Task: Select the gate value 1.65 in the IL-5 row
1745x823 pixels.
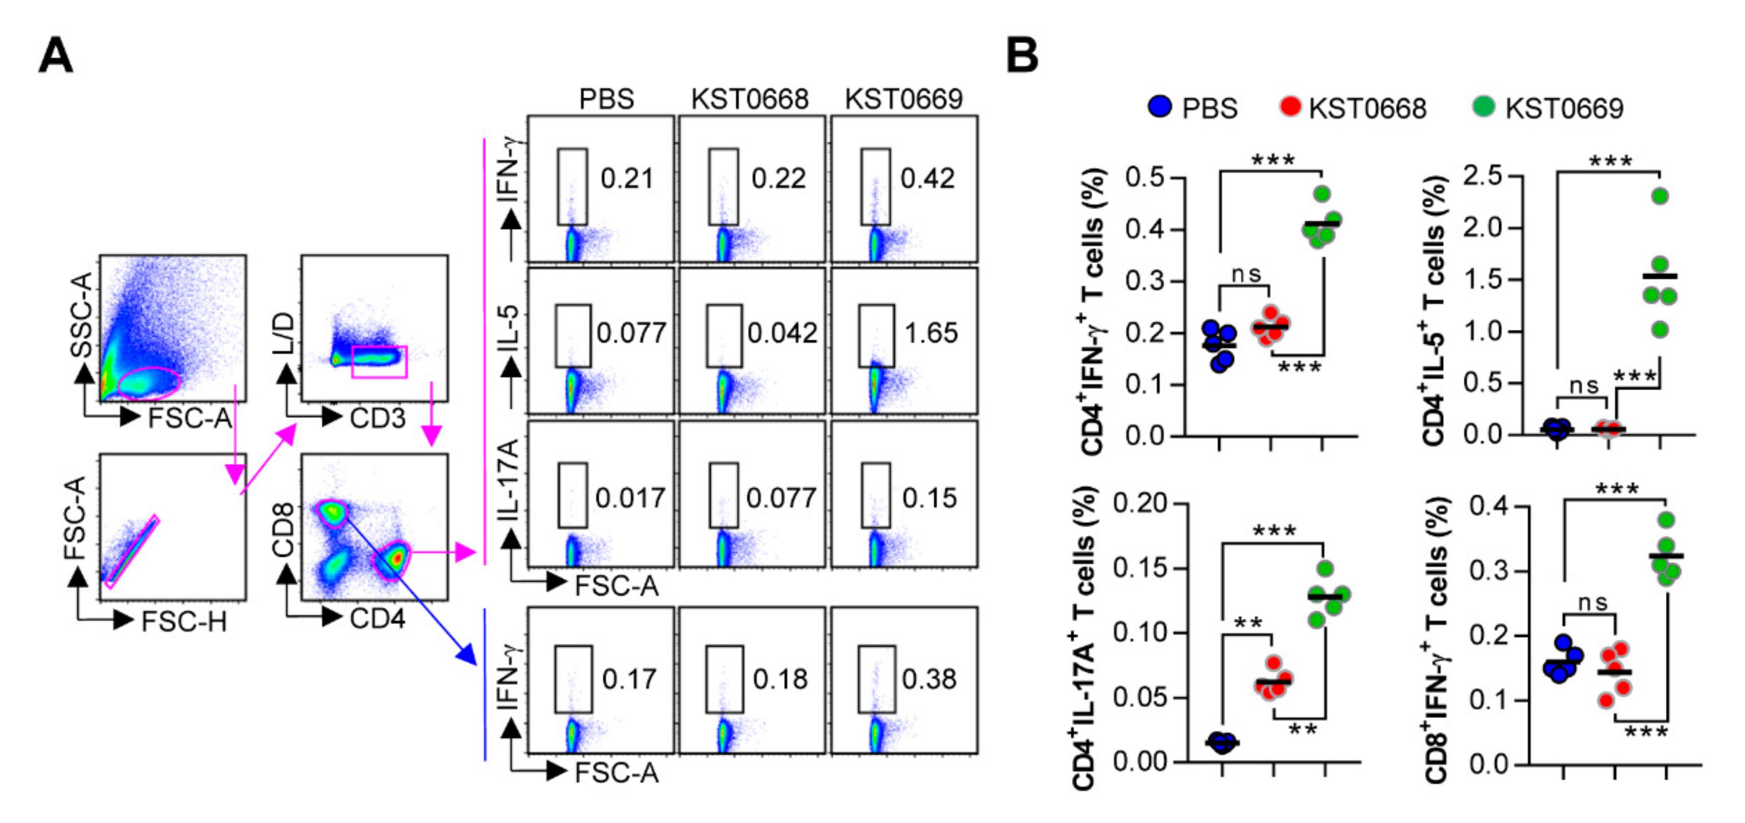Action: coord(931,332)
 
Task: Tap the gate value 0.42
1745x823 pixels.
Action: coord(927,178)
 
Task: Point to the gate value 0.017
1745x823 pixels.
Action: coord(629,498)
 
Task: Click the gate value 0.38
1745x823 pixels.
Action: coord(929,679)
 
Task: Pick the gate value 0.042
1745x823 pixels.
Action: coord(782,332)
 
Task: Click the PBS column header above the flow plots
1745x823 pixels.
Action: coord(606,99)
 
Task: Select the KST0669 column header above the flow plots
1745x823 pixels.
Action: coord(903,99)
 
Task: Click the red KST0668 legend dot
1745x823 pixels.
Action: coord(1290,107)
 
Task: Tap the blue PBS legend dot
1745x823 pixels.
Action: coord(1160,107)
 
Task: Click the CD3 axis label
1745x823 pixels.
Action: coord(377,418)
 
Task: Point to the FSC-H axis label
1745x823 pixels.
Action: coord(184,621)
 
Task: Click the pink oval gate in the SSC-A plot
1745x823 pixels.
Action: coord(149,384)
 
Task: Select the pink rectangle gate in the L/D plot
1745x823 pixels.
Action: coord(379,362)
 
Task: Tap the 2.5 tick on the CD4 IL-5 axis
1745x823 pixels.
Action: coord(1482,176)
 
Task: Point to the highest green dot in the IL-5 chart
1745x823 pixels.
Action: coord(1660,196)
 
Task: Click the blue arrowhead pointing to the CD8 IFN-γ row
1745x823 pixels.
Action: coord(467,655)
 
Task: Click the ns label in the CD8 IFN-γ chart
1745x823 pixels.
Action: coord(1593,602)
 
